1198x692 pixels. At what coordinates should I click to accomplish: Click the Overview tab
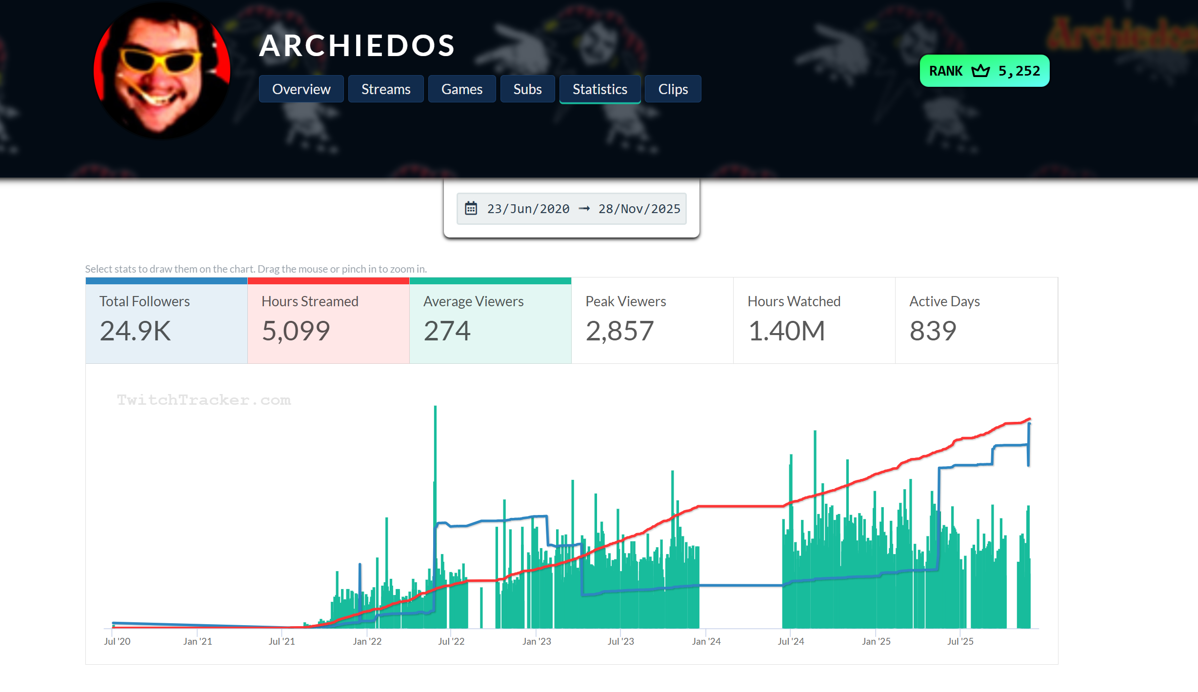pos(301,89)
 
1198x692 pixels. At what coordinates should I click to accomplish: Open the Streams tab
pos(385,89)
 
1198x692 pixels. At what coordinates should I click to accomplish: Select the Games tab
pos(461,89)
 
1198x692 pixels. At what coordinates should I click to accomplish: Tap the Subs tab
pos(527,89)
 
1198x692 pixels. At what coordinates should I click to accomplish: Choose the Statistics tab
pos(599,89)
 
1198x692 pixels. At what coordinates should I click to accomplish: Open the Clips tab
pos(673,89)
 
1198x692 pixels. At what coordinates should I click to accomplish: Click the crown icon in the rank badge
pos(980,71)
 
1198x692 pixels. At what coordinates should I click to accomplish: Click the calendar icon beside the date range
pos(471,209)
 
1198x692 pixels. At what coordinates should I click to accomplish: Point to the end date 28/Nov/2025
pos(639,209)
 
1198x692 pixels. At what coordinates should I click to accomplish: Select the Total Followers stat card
pos(166,320)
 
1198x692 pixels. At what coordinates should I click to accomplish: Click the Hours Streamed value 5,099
pos(296,331)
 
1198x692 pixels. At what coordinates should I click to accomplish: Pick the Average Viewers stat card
pos(490,320)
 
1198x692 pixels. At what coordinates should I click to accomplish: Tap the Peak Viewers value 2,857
pos(619,331)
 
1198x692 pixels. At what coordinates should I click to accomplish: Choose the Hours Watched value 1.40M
pos(786,331)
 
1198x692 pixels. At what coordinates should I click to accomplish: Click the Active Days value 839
pos(933,331)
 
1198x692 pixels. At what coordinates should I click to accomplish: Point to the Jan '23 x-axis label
pos(537,641)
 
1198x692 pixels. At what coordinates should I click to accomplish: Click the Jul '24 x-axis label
pos(791,641)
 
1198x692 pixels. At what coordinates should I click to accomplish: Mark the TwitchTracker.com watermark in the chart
pos(204,400)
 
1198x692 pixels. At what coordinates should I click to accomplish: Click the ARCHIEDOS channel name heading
pos(357,45)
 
